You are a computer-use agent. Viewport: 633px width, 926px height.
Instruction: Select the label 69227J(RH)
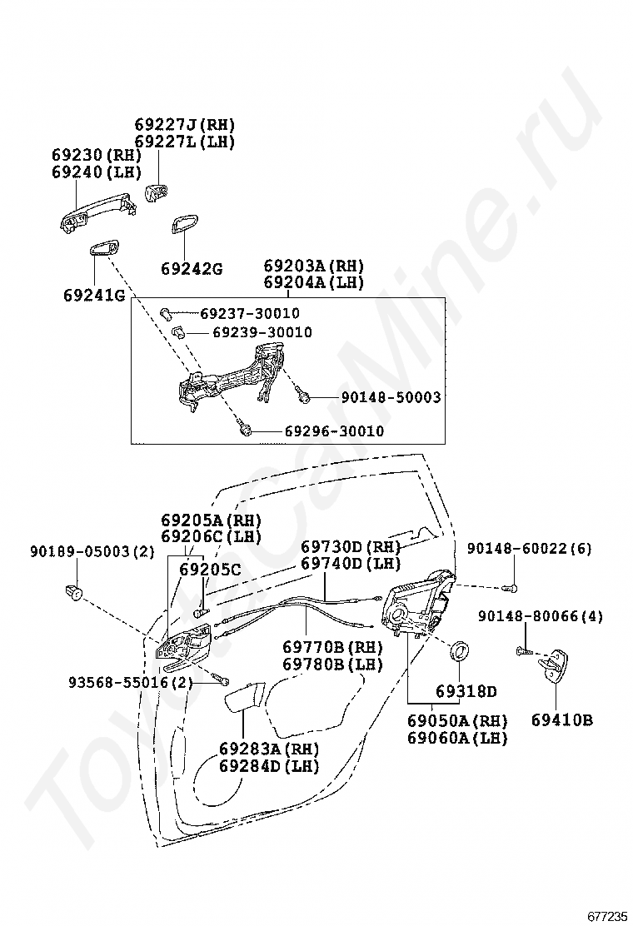pos(185,125)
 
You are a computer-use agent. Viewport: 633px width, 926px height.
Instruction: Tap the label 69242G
pos(192,268)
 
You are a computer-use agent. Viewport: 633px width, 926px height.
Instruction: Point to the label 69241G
pos(93,295)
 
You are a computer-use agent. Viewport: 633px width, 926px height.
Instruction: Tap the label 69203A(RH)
pos(314,266)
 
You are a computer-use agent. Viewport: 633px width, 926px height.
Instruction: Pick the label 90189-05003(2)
pos(92,551)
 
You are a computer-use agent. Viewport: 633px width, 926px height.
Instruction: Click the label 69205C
pos(210,570)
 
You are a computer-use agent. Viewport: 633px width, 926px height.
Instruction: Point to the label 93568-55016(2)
pos(131,683)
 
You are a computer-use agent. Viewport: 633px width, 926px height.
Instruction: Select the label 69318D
pos(466,691)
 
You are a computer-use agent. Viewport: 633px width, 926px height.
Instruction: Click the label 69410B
pos(562,719)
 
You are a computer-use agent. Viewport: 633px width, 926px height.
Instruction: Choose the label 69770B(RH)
pos(332,647)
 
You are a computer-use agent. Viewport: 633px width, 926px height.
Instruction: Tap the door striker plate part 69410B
pos(556,665)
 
